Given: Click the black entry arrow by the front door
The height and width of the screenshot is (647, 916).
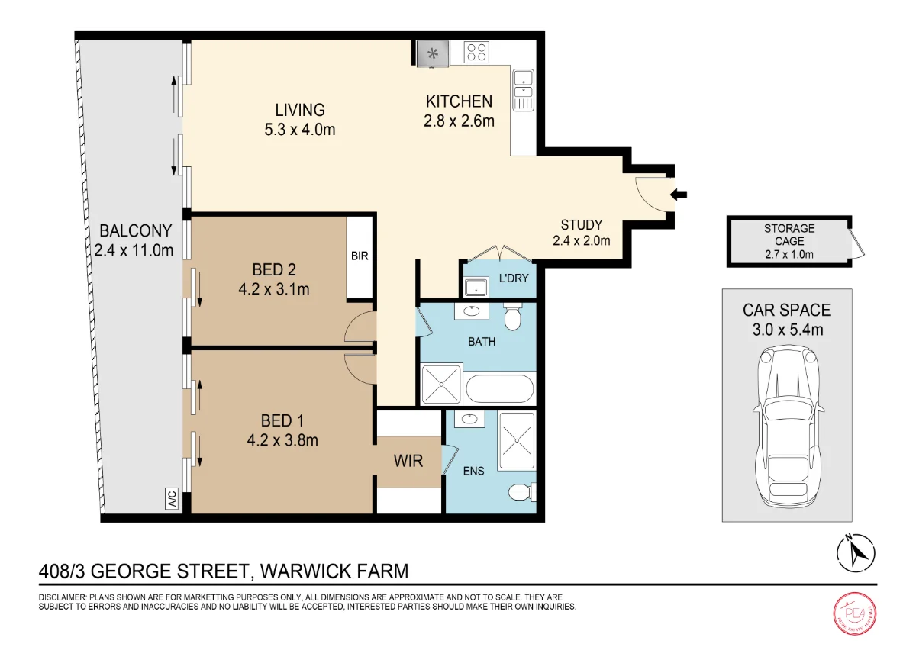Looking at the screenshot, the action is click(x=679, y=195).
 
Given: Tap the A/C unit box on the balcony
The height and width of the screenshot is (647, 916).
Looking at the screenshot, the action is click(x=173, y=498).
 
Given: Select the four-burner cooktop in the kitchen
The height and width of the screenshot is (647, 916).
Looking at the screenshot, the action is click(x=476, y=53).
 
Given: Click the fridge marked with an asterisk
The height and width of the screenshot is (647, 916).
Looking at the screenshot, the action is click(x=433, y=53).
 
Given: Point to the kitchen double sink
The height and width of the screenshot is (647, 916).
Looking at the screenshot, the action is click(x=523, y=90).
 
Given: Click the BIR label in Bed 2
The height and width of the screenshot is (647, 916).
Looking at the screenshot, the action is click(x=360, y=256).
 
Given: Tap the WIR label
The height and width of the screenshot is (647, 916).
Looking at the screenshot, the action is click(x=408, y=461).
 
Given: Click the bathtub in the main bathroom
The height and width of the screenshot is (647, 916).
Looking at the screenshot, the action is click(x=500, y=389).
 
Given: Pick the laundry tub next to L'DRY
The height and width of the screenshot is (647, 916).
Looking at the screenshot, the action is click(x=476, y=287).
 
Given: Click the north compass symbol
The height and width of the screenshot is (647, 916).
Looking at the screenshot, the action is click(x=856, y=553).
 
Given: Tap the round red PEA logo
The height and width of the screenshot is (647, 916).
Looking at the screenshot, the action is click(x=855, y=613).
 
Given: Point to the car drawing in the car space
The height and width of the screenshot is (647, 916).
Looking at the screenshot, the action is click(x=788, y=426).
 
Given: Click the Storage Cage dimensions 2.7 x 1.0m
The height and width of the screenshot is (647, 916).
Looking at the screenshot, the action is click(x=789, y=254).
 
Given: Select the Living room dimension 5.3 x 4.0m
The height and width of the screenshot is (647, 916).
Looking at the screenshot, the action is click(x=300, y=130).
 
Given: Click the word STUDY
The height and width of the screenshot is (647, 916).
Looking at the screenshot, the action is click(x=582, y=225).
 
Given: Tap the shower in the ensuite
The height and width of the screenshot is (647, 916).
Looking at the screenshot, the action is click(x=517, y=440).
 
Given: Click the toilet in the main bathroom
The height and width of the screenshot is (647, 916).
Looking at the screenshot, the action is click(x=513, y=317).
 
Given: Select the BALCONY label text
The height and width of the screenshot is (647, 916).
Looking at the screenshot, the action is click(x=136, y=231).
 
